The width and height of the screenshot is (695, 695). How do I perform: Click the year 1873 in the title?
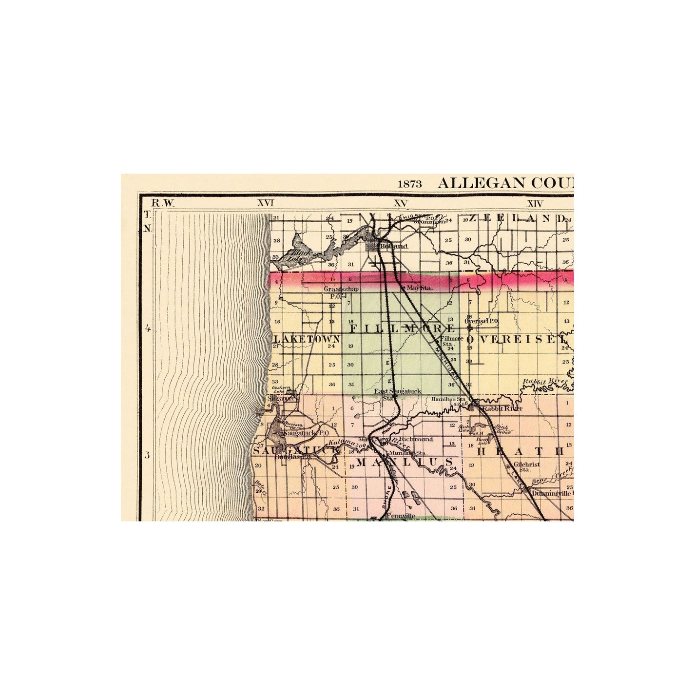tap(409, 184)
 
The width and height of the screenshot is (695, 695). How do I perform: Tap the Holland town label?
tap(394, 247)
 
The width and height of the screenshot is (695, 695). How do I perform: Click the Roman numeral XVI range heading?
tap(266, 203)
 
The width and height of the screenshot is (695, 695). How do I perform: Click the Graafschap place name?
tap(341, 289)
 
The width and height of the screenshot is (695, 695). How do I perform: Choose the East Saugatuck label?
tap(397, 391)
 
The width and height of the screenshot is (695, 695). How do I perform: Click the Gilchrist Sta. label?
tap(526, 467)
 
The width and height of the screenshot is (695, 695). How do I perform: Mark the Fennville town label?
tap(400, 516)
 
